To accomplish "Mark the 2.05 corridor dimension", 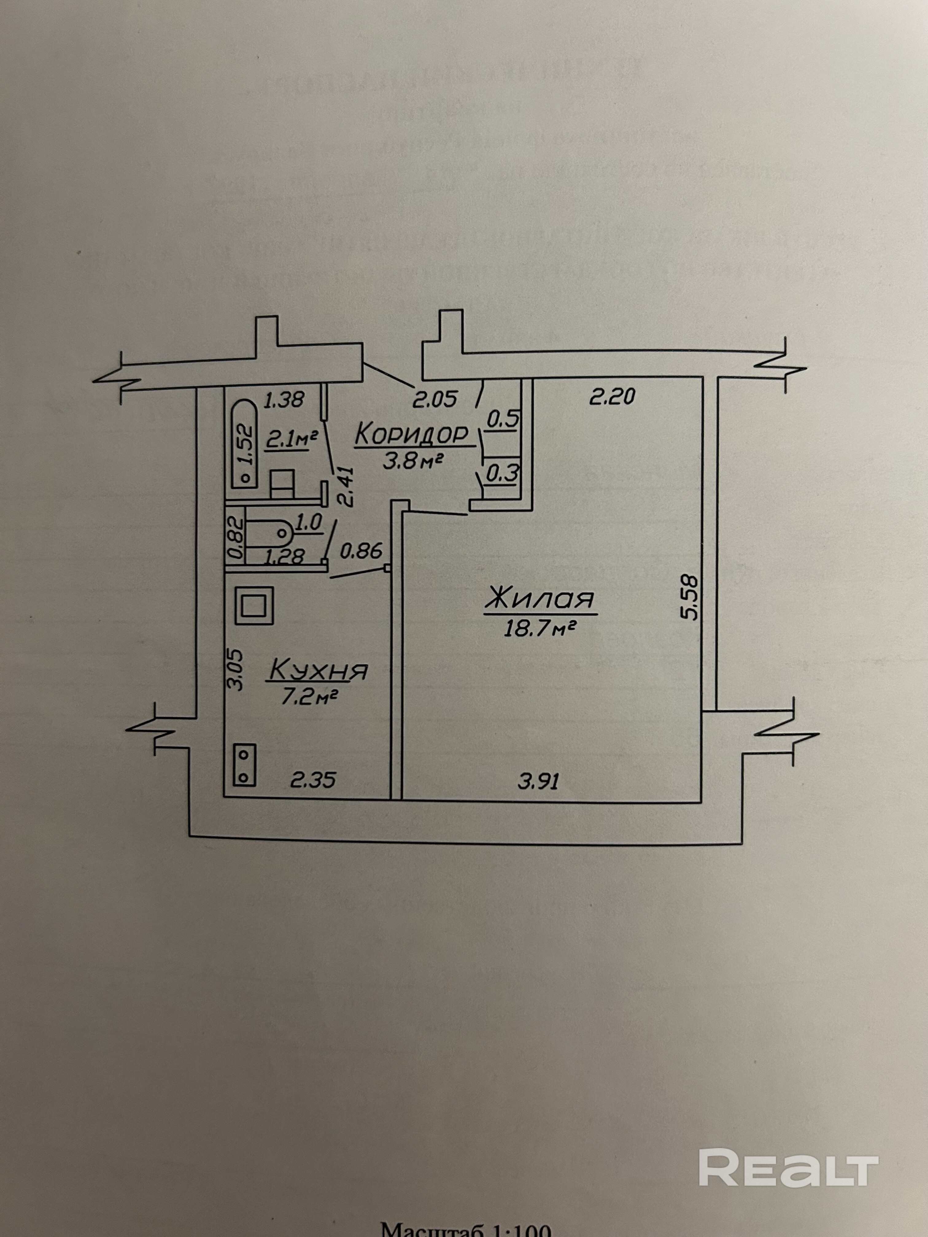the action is pos(435,399).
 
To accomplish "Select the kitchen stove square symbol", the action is pos(254,605).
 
